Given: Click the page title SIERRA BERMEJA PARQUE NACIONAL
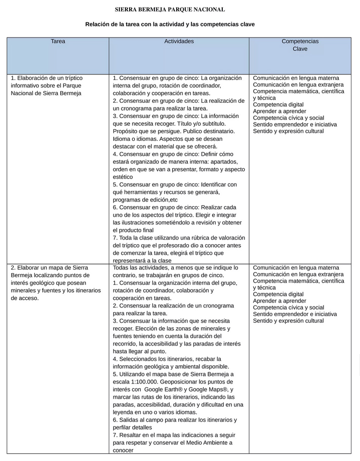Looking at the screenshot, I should pyautogui.click(x=170, y=10).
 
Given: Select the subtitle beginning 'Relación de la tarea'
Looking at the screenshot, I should pyautogui.click(x=170, y=24).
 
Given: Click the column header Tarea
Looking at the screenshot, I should pyautogui.click(x=58, y=42).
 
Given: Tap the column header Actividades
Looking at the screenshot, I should pyautogui.click(x=179, y=42).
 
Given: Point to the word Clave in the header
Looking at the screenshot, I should pyautogui.click(x=300, y=49).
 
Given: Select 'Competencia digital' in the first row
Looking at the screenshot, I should pyautogui.click(x=278, y=105).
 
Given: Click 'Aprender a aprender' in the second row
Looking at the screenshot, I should pyautogui.click(x=279, y=301).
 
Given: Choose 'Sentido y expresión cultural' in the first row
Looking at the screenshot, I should pyautogui.click(x=288, y=131).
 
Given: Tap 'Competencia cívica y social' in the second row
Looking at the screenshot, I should pyautogui.click(x=288, y=308).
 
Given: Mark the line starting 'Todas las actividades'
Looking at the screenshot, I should pyautogui.click(x=175, y=267).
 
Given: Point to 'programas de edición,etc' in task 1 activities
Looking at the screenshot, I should pyautogui.click(x=145, y=200).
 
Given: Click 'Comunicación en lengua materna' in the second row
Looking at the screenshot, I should pyautogui.click(x=296, y=267).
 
